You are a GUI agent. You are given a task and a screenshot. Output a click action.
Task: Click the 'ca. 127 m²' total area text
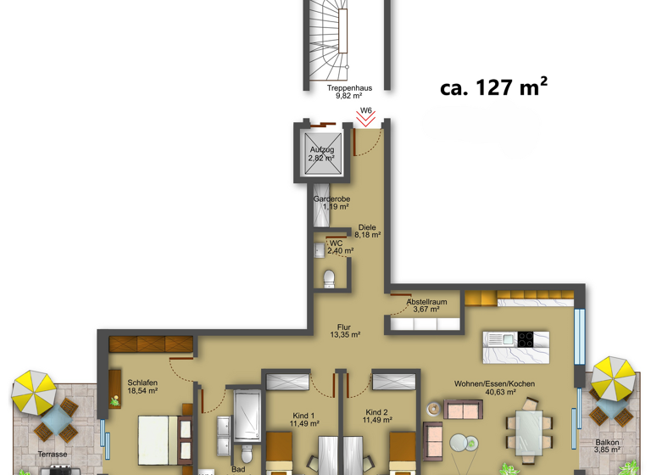pyautogui.click(x=493, y=87)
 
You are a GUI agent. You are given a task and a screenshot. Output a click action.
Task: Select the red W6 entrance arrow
pyautogui.click(x=365, y=120)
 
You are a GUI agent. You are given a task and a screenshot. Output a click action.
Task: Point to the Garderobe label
pyautogui.click(x=331, y=203)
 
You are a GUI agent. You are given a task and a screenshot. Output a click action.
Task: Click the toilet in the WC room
pyautogui.click(x=329, y=278)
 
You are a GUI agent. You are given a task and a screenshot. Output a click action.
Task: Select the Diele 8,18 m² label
pyautogui.click(x=367, y=231)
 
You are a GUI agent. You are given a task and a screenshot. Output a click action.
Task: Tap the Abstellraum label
pyautogui.click(x=426, y=305)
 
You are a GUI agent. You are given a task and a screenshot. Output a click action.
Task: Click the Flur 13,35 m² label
pyautogui.click(x=344, y=331)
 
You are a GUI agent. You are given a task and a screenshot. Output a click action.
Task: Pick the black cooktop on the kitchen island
pyautogui.click(x=525, y=339)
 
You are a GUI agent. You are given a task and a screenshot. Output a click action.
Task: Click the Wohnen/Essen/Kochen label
pyautogui.click(x=494, y=388)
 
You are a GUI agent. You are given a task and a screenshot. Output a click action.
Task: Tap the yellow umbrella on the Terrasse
pyautogui.click(x=34, y=391)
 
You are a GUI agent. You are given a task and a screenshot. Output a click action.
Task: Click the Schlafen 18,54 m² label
pyautogui.click(x=142, y=387)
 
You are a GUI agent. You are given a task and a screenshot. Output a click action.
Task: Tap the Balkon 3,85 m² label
pyautogui.click(x=607, y=446)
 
